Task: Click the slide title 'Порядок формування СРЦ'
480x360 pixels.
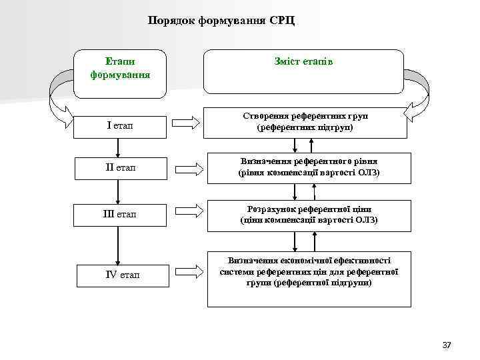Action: pyautogui.click(x=221, y=20)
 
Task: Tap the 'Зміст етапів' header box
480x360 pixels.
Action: pyautogui.click(x=303, y=69)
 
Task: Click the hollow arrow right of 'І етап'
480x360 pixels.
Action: pyautogui.click(x=186, y=123)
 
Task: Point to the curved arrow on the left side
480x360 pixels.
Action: pyautogui.click(x=60, y=100)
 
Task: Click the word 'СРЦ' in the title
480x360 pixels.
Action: pyautogui.click(x=282, y=20)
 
